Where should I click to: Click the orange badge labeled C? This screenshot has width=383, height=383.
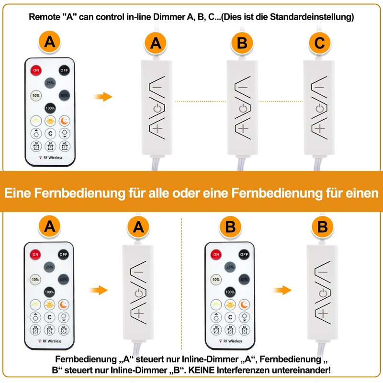[319, 43]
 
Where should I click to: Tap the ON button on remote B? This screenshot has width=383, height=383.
[216, 254]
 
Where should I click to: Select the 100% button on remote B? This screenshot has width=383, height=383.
[230, 292]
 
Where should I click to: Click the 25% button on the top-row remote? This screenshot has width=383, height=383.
[50, 83]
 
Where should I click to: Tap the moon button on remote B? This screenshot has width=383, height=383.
[244, 304]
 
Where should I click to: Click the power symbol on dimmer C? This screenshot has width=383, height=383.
[320, 108]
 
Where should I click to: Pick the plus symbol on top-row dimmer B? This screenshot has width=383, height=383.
[243, 129]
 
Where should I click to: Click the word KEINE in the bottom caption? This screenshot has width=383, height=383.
[202, 370]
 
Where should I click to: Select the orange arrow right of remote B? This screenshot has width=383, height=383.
[282, 290]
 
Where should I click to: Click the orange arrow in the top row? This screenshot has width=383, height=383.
[103, 97]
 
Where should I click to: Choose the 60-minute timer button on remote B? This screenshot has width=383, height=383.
[244, 330]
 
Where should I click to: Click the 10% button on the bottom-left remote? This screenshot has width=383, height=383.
[35, 280]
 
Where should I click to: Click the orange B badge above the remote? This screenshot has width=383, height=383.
[230, 227]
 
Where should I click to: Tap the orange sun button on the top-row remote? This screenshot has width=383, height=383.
[50, 121]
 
